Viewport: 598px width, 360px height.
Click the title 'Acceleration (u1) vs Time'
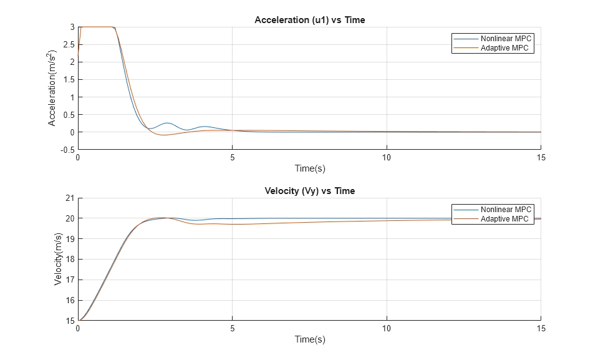point(309,20)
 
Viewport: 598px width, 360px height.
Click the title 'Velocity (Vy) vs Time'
point(309,191)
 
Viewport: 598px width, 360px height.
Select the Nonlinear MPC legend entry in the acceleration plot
point(507,39)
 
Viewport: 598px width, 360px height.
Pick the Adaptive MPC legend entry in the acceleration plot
point(506,48)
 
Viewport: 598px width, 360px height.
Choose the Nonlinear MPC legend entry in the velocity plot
point(506,210)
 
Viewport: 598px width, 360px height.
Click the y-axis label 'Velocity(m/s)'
point(58,259)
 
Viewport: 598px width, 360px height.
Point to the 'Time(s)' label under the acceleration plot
point(309,168)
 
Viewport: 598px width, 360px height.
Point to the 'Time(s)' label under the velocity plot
point(309,339)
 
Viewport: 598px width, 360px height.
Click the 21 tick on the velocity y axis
point(70,198)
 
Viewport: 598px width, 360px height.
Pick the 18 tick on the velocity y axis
point(70,260)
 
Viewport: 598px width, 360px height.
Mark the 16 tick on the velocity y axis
point(70,300)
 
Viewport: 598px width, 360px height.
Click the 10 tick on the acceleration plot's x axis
point(386,157)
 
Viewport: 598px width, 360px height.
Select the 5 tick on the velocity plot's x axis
point(232,328)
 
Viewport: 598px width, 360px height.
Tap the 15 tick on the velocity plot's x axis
point(540,328)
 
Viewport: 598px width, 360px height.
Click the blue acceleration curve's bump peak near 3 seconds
point(166,123)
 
